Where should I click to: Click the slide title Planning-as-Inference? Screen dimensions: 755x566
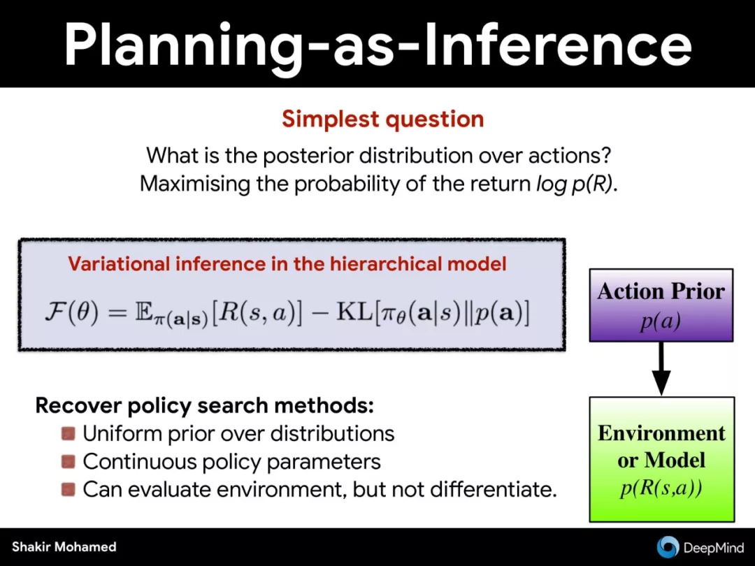click(378, 44)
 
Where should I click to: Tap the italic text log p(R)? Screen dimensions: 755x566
click(577, 184)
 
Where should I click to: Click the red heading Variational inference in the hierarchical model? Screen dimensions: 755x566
click(287, 263)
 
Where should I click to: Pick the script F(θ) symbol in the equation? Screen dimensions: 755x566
click(71, 313)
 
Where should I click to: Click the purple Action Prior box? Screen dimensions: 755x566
click(661, 305)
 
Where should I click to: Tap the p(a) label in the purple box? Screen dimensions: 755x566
click(661, 321)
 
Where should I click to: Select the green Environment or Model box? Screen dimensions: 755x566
click(662, 459)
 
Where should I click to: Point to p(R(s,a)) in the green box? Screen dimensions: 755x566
click(661, 488)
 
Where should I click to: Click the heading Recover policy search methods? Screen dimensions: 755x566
click(205, 406)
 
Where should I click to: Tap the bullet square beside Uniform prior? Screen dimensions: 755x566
click(69, 434)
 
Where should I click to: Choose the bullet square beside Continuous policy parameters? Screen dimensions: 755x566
click(69, 462)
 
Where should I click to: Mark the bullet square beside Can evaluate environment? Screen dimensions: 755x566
click(69, 489)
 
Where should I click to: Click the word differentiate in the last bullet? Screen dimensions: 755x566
click(493, 489)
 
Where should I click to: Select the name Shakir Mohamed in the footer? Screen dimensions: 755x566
click(64, 546)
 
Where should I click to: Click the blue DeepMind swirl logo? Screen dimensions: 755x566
click(668, 547)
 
